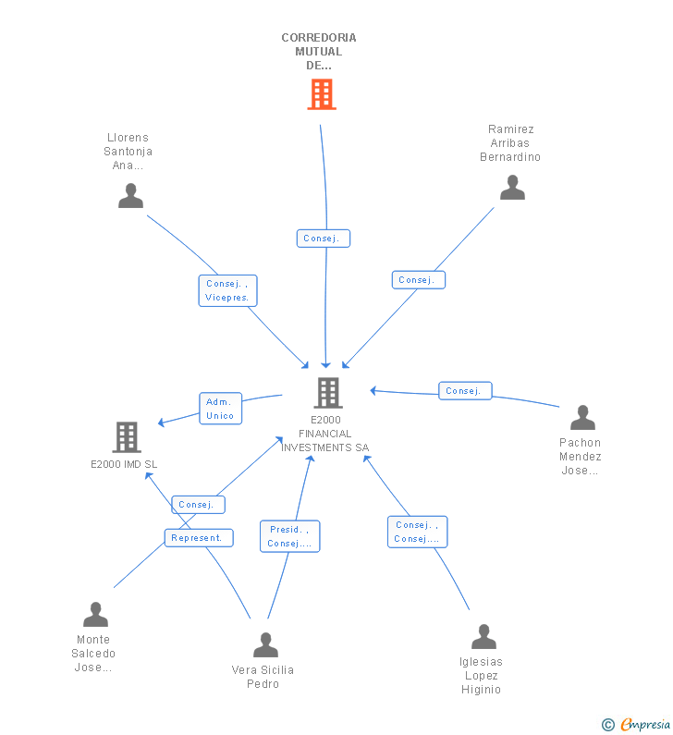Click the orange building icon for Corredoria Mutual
click(x=322, y=94)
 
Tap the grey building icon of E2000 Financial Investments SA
click(x=328, y=393)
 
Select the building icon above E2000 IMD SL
click(x=127, y=437)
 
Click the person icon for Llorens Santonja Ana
click(x=130, y=195)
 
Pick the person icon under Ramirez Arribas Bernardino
click(x=512, y=187)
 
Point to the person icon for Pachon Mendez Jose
click(x=582, y=417)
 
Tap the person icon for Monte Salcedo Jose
click(x=95, y=614)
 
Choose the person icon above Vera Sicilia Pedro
click(x=265, y=644)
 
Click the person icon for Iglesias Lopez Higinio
click(x=483, y=637)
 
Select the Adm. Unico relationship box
click(x=220, y=409)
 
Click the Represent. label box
click(x=199, y=538)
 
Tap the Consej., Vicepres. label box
click(x=227, y=290)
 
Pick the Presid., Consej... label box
click(x=289, y=536)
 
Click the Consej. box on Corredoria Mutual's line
click(x=324, y=239)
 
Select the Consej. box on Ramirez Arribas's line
click(x=419, y=280)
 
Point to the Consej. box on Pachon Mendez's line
click(x=465, y=390)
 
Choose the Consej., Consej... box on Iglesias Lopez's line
click(x=417, y=532)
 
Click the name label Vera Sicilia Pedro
click(x=263, y=677)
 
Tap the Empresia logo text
click(x=645, y=724)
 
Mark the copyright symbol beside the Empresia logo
click(x=608, y=725)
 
